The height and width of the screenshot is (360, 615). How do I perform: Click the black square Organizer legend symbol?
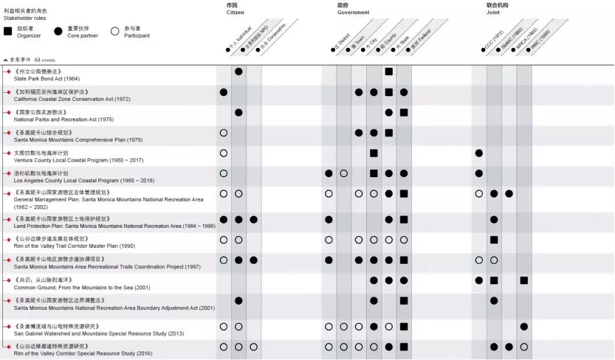pos(8,31)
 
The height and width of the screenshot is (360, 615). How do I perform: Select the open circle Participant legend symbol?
pos(115,31)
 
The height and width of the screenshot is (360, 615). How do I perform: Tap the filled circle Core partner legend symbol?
pos(58,31)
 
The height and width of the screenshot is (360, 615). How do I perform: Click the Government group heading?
pos(352,9)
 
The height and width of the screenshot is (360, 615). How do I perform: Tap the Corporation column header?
pos(273,40)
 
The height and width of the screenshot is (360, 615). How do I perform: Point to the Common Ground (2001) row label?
pos(76,288)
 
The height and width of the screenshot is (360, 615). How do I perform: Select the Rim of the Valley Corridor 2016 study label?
pos(83,353)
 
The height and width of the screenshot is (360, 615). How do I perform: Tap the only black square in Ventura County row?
pos(374,153)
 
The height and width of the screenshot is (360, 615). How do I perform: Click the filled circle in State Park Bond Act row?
pos(239,71)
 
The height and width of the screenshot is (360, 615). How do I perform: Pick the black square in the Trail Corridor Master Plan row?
pos(494,240)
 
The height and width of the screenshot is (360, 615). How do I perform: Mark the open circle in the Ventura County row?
pos(224,153)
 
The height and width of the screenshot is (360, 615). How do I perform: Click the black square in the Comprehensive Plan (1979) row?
pos(389,133)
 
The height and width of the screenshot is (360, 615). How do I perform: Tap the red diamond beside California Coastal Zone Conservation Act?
pos(8,92)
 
